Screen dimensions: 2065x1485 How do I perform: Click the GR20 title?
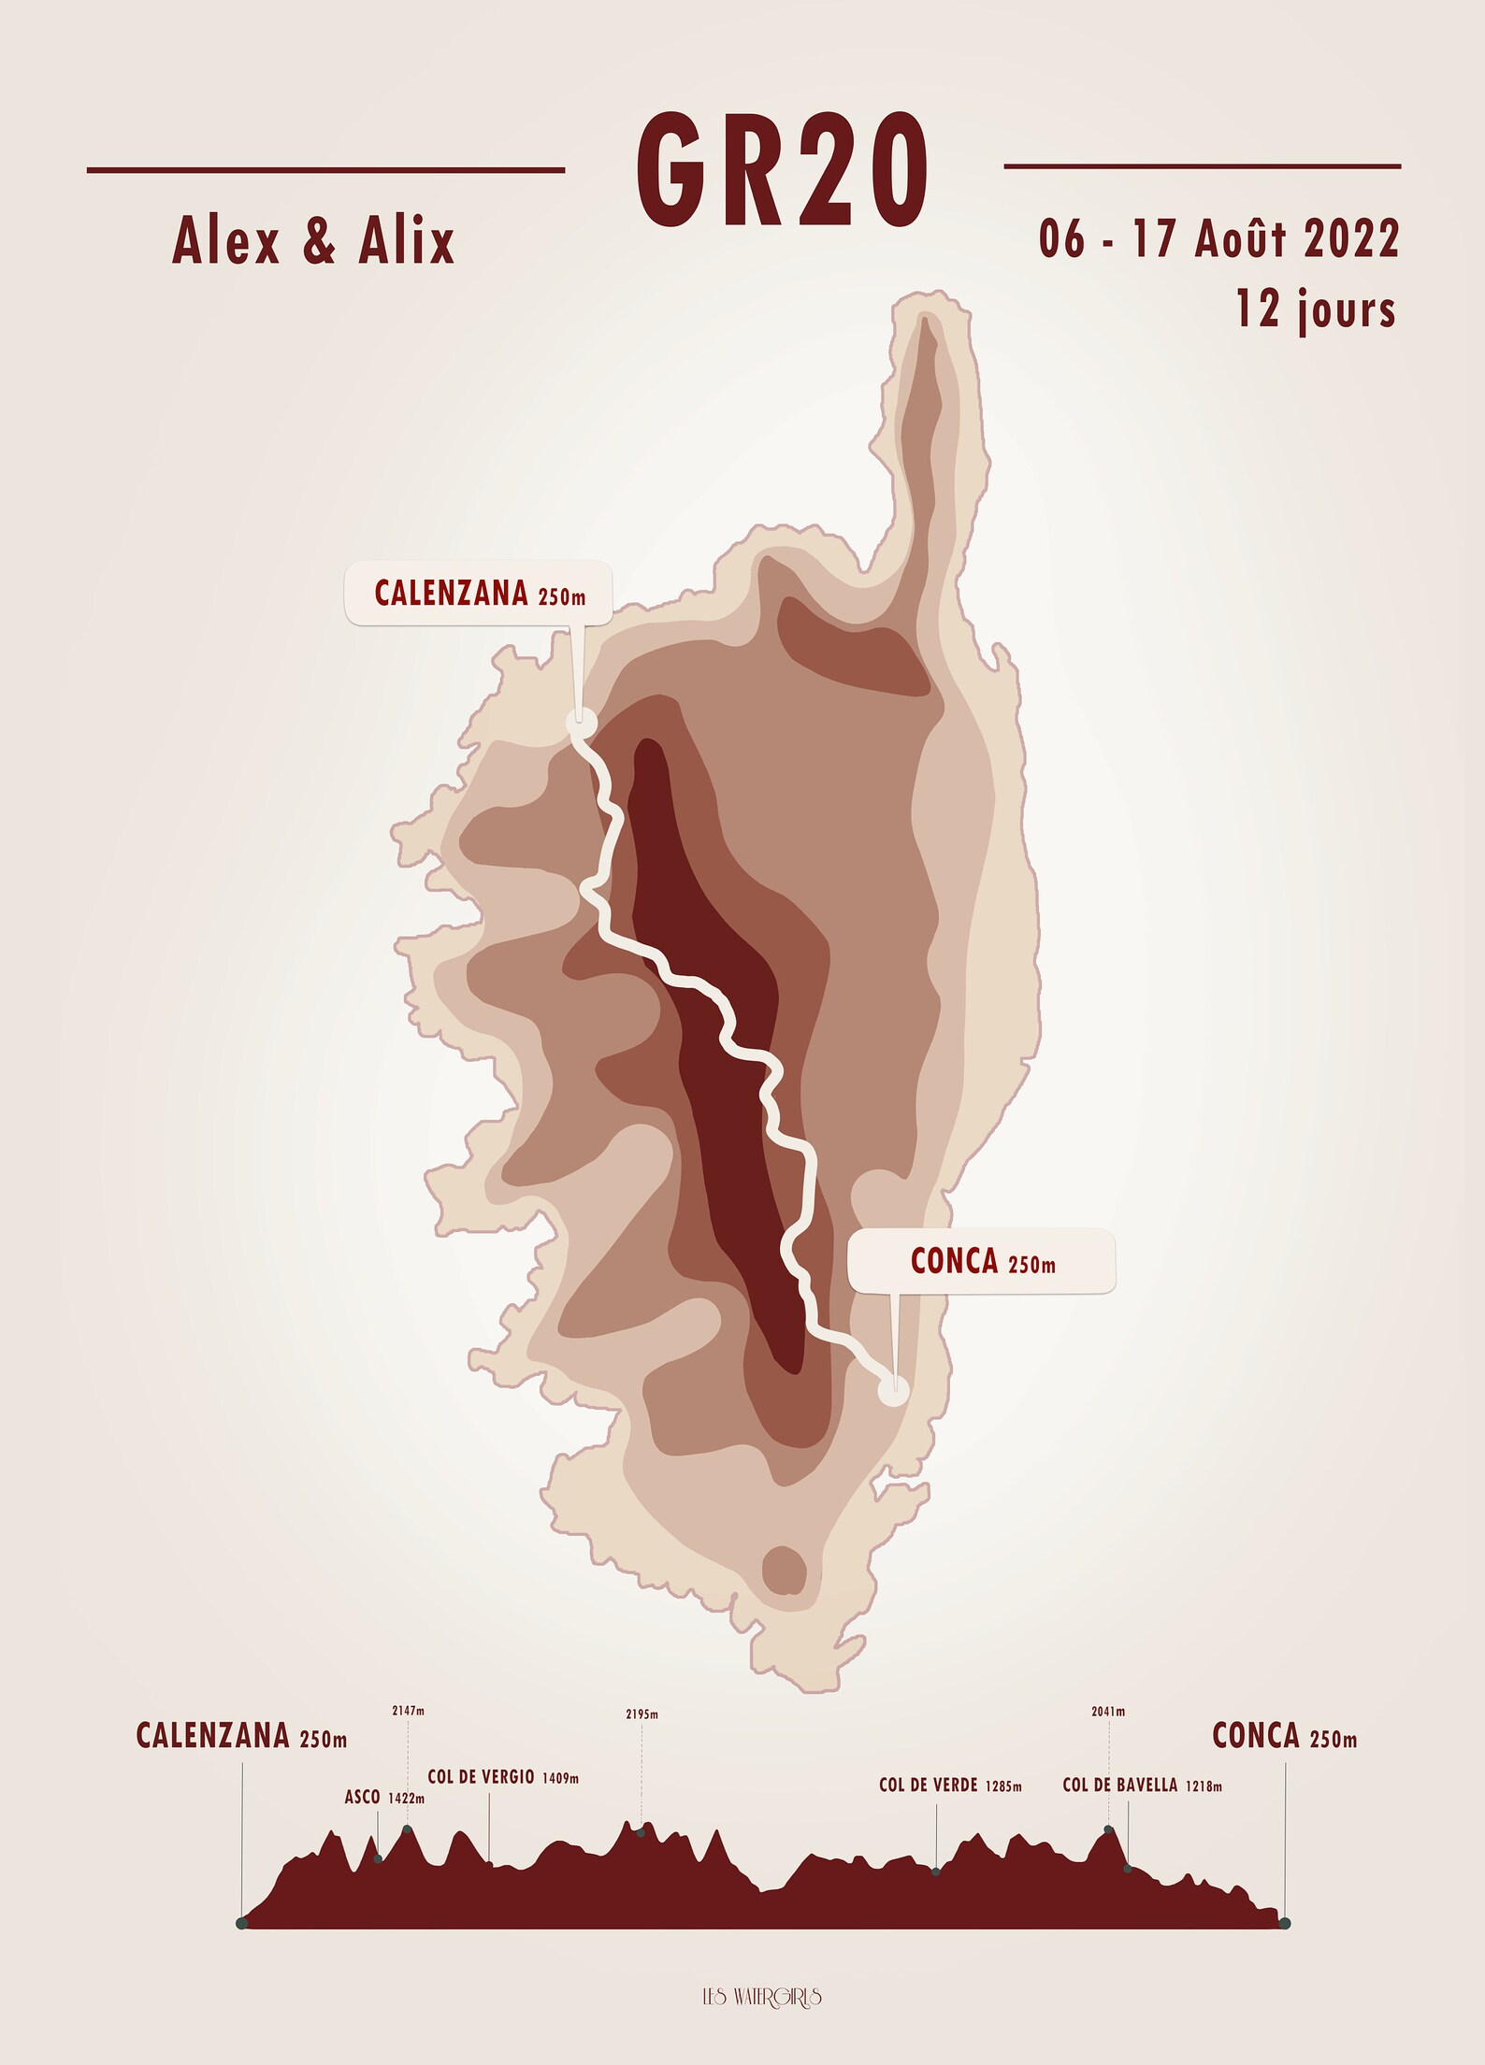pyautogui.click(x=782, y=171)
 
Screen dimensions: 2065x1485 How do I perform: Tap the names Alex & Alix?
pyautogui.click(x=313, y=241)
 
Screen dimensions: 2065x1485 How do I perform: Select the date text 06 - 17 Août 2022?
pyautogui.click(x=1218, y=239)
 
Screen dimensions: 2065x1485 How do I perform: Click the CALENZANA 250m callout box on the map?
pyautogui.click(x=479, y=593)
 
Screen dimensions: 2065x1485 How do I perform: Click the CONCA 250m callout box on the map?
pyautogui.click(x=982, y=1261)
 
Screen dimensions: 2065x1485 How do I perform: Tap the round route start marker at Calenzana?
pyautogui.click(x=581, y=721)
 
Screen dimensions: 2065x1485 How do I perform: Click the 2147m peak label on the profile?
pyautogui.click(x=408, y=1711)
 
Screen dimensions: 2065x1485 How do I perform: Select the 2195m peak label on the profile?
pyautogui.click(x=642, y=1714)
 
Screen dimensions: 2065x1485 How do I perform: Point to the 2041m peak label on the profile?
pyautogui.click(x=1108, y=1712)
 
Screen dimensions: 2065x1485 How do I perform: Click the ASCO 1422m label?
pyautogui.click(x=383, y=1798)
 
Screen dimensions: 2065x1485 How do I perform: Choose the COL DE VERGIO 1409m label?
pyautogui.click(x=503, y=1777)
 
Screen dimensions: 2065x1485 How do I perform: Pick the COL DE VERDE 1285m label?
pyautogui.click(x=950, y=1785)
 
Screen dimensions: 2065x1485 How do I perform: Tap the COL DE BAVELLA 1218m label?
pyautogui.click(x=1142, y=1785)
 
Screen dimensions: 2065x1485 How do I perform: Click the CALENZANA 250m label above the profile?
pyautogui.click(x=241, y=1736)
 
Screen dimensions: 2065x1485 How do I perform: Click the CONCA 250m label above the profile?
pyautogui.click(x=1284, y=1736)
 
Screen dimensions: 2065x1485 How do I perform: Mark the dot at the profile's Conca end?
pyautogui.click(x=1285, y=1923)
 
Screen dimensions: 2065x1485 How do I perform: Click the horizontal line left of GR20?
pyautogui.click(x=325, y=170)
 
